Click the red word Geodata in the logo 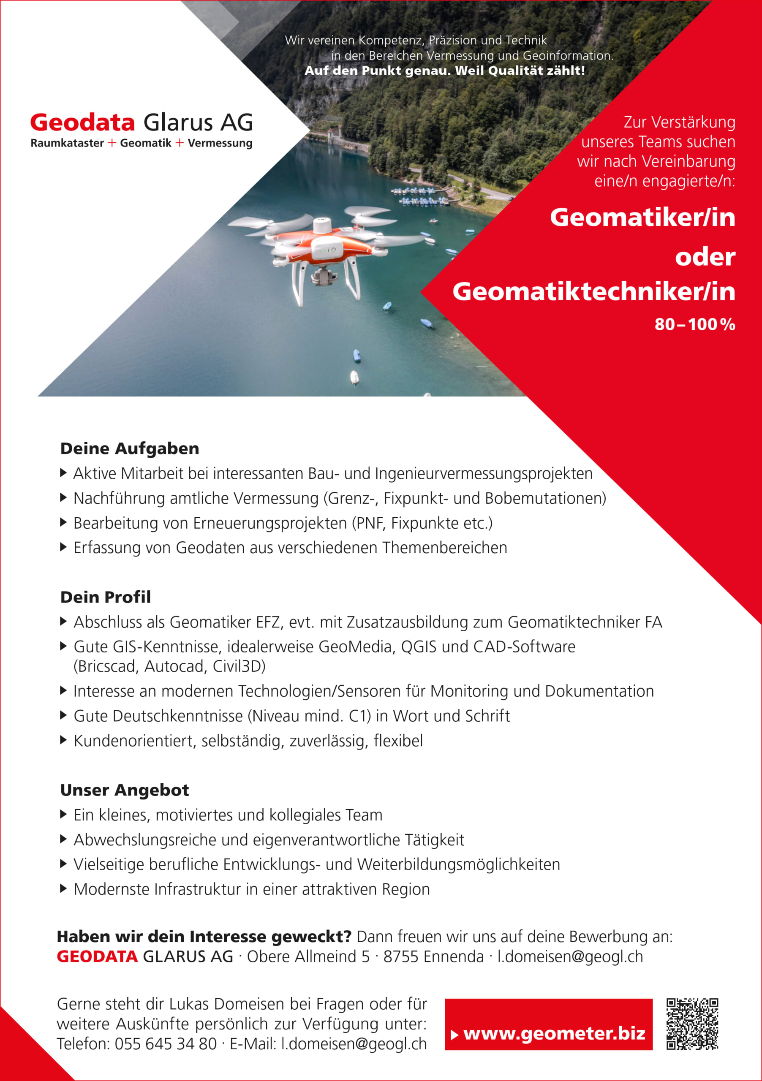coord(82,122)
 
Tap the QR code coord(692,1024)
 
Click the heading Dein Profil coord(106,597)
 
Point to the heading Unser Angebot coord(124,790)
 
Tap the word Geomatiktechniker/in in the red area coord(593,291)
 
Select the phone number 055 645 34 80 coord(165,1044)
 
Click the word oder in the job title coord(705,257)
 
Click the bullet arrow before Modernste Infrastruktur coord(64,889)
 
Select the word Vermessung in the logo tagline coord(220,143)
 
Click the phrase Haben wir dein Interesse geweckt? coord(204,937)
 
